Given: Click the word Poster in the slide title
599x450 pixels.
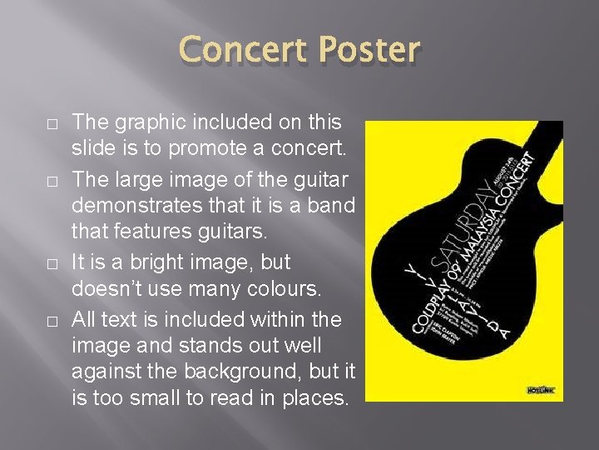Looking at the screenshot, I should pyautogui.click(x=370, y=50).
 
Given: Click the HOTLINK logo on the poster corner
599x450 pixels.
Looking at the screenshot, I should pyautogui.click(x=543, y=389).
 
